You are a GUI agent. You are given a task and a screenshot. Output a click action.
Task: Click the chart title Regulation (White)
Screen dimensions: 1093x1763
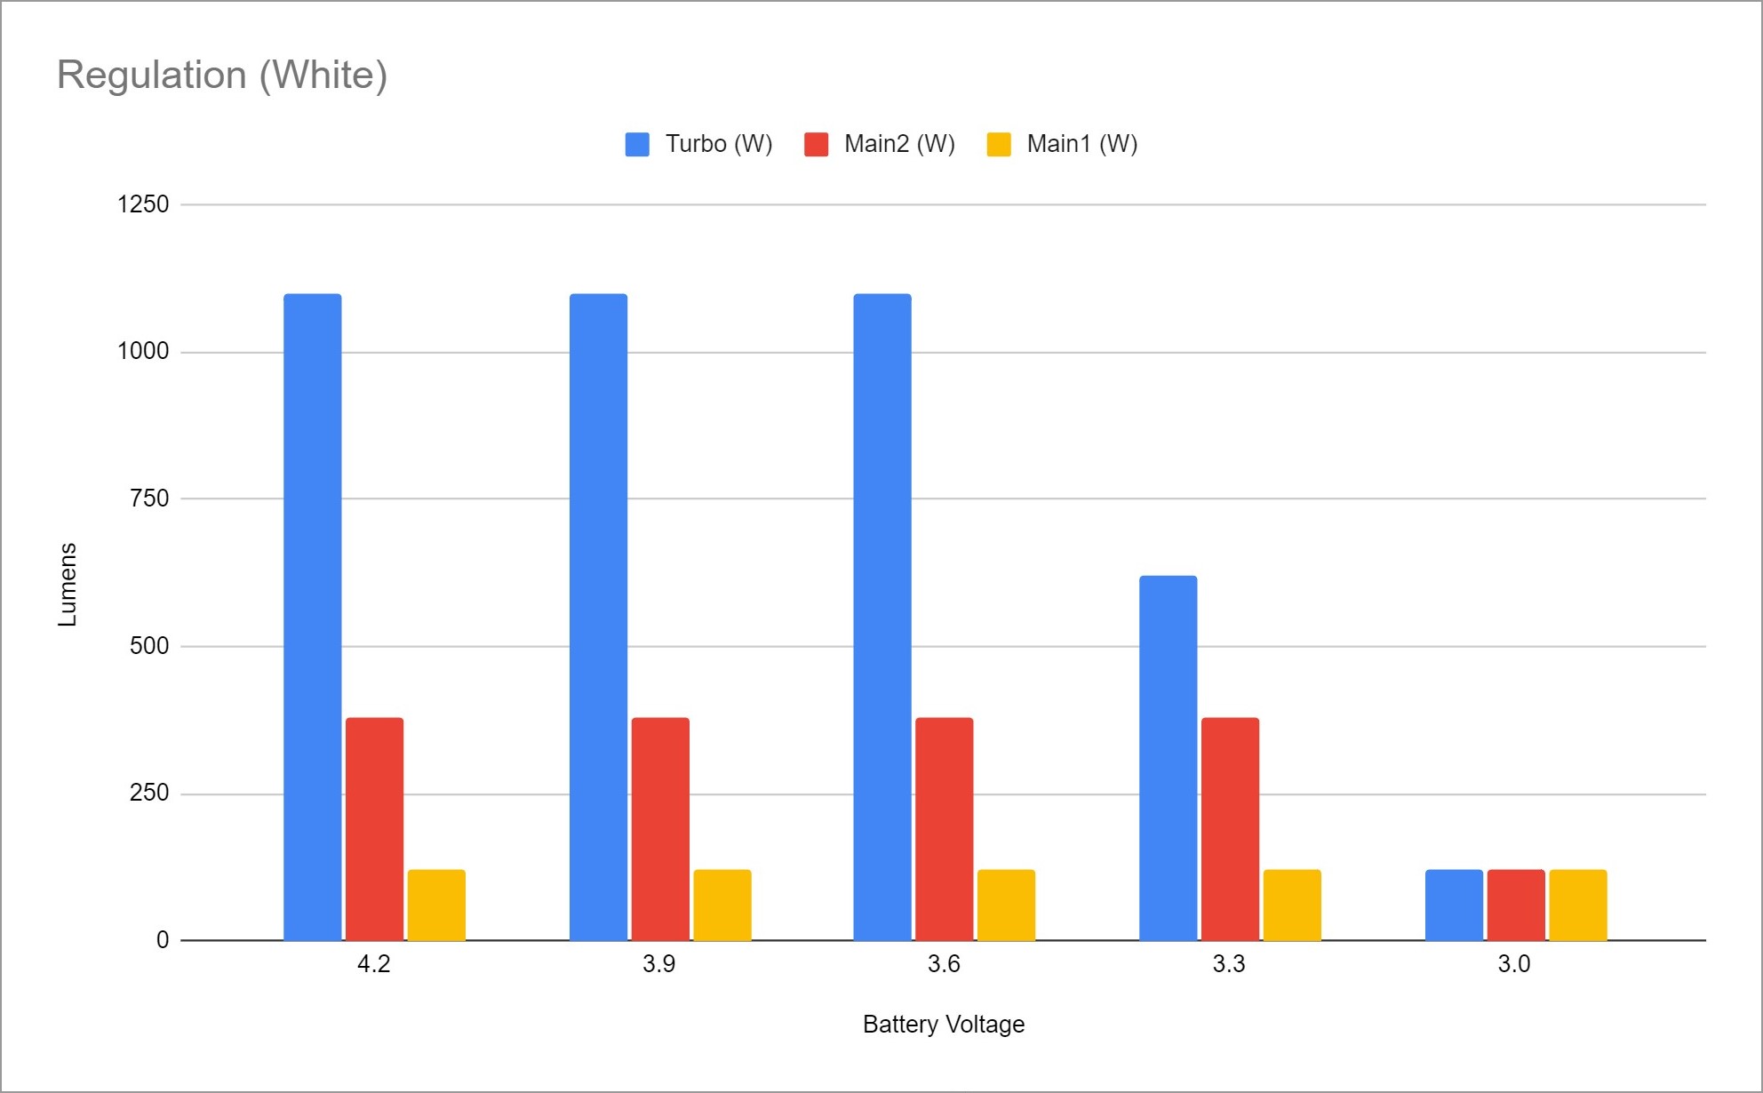[222, 75]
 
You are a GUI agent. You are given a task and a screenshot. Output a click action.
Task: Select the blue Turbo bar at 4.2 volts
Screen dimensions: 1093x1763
[312, 617]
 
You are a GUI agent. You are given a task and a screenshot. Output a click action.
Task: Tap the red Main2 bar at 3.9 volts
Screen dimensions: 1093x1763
[660, 828]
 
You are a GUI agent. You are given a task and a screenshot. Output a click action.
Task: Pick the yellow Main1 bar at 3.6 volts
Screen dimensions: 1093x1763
[1006, 905]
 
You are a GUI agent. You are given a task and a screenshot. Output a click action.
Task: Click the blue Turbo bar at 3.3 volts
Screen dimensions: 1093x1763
[1168, 758]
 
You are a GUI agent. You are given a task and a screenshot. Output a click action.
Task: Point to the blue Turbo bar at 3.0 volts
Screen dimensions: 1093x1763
[1454, 905]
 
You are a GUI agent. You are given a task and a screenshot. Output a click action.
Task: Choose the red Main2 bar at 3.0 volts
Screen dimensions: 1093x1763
[1516, 905]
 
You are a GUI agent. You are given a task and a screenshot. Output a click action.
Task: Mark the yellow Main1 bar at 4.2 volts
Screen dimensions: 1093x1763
[436, 905]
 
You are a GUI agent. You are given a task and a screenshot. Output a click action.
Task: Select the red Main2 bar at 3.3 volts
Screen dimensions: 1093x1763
[1230, 828]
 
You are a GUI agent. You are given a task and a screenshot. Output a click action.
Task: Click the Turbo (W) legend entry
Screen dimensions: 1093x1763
[699, 144]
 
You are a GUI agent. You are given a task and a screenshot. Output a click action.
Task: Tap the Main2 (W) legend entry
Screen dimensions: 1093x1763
[880, 144]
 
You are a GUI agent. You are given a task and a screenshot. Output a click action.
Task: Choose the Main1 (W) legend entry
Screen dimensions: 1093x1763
[1063, 144]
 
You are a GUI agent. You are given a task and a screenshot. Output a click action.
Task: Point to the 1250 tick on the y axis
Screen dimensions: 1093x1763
[143, 204]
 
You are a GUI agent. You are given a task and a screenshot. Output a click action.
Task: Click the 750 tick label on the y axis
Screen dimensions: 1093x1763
[149, 499]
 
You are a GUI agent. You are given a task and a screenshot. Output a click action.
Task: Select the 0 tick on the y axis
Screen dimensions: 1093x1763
[163, 940]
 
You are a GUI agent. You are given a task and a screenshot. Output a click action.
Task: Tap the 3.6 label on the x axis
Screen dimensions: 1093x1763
[944, 964]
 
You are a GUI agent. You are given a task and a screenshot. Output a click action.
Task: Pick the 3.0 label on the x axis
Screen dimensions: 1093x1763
[1514, 964]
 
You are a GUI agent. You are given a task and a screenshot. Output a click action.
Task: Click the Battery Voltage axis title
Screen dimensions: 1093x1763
[944, 1025]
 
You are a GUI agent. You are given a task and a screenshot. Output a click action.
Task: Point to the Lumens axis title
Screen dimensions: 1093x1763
[68, 584]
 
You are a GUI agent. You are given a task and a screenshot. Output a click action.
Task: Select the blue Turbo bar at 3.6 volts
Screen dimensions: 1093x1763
[882, 617]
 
